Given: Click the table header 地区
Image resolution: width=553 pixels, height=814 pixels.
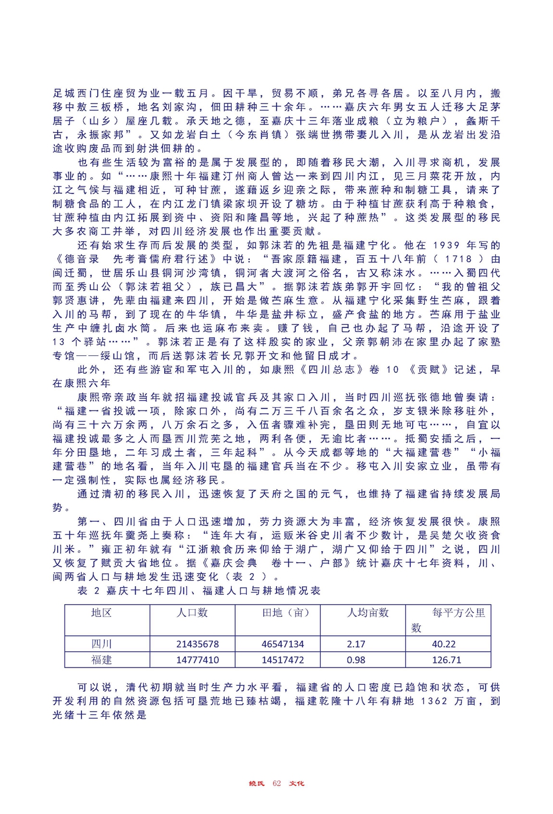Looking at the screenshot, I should pyautogui.click(x=101, y=613).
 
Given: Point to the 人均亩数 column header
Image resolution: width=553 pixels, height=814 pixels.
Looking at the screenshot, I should pyautogui.click(x=367, y=613).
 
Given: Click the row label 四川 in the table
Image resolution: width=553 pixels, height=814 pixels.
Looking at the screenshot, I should pyautogui.click(x=101, y=644).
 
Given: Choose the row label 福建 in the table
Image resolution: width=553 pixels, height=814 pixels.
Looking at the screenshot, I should pyautogui.click(x=101, y=660).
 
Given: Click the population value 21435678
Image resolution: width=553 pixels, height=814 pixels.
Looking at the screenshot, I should pyautogui.click(x=197, y=644).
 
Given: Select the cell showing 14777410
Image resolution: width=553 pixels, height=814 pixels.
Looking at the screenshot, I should pyautogui.click(x=197, y=660).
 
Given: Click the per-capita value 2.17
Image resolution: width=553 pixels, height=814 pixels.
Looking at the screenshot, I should pyautogui.click(x=356, y=644).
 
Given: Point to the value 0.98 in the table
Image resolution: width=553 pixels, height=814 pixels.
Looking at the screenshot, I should pyautogui.click(x=356, y=660).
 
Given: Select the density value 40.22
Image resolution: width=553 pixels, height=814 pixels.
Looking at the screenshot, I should pyautogui.click(x=444, y=644).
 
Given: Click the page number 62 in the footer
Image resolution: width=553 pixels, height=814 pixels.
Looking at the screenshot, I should pyautogui.click(x=276, y=783).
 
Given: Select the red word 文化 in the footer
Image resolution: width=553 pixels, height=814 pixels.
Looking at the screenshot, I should pyautogui.click(x=297, y=783).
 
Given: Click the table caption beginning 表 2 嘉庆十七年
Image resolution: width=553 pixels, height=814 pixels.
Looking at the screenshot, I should pyautogui.click(x=198, y=591).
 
